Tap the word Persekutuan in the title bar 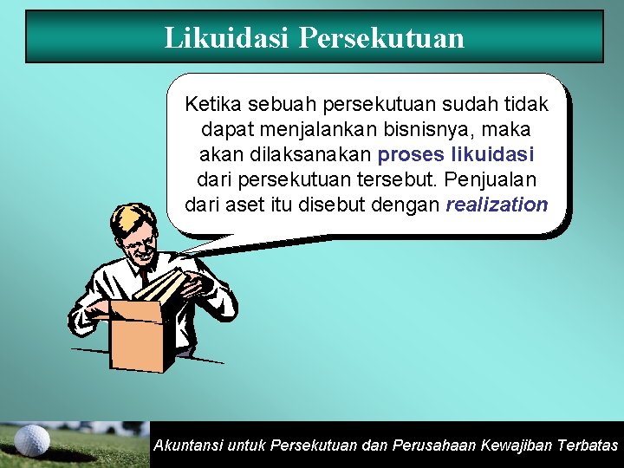pyautogui.click(x=381, y=37)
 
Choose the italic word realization pyautogui.click(x=497, y=205)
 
